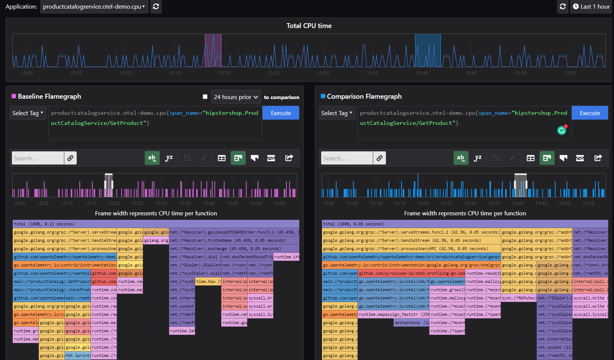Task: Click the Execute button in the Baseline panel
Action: tap(280, 113)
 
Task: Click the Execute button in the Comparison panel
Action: tap(590, 113)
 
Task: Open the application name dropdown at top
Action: tap(94, 7)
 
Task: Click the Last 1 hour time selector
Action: tap(591, 7)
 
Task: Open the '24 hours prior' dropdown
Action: tap(236, 97)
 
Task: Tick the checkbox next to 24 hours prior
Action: tap(205, 97)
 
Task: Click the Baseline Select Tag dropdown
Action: tap(28, 113)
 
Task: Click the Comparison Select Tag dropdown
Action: tap(337, 113)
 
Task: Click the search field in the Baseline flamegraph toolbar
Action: tap(38, 158)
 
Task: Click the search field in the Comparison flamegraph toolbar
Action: tap(347, 158)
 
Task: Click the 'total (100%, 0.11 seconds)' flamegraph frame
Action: tap(156, 224)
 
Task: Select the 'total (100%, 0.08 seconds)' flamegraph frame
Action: tap(464, 224)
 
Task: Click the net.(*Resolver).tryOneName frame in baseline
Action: tap(234, 240)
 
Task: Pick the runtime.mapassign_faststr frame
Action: tap(393, 314)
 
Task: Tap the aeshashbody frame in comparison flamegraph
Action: tap(411, 323)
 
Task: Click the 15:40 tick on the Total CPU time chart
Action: tap(421, 73)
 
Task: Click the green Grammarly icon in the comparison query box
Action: tap(561, 130)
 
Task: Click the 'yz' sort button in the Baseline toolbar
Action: tap(169, 158)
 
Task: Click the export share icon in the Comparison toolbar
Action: tap(598, 158)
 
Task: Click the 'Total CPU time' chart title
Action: tap(309, 26)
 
